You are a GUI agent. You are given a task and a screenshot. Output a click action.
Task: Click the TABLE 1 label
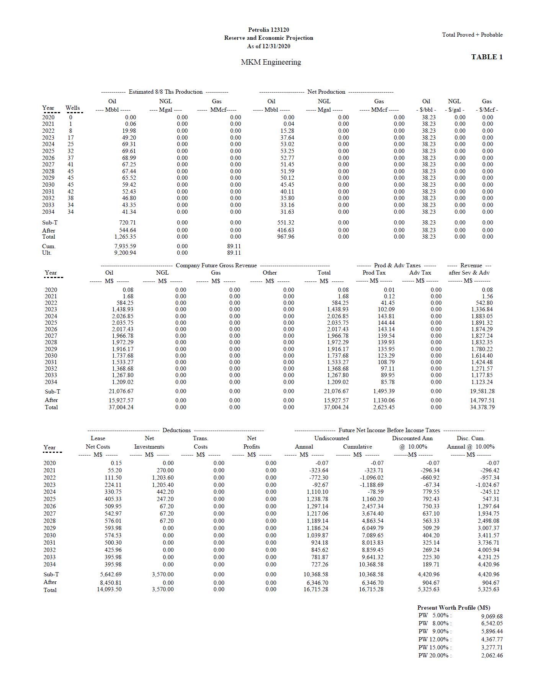(x=487, y=57)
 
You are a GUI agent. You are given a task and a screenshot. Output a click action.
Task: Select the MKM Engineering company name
(x=271, y=62)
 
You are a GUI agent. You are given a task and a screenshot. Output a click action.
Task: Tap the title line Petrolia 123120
(x=268, y=30)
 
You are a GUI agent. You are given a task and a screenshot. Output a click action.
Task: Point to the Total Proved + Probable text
(x=472, y=35)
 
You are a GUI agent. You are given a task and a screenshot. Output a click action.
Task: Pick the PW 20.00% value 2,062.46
(x=492, y=655)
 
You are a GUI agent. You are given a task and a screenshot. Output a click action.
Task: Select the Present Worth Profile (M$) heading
(x=453, y=607)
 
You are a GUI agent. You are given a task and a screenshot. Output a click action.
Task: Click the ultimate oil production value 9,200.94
(x=125, y=253)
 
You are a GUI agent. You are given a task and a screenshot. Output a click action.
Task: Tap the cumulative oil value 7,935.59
(x=125, y=246)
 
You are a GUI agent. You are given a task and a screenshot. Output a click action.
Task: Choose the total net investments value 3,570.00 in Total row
(x=163, y=589)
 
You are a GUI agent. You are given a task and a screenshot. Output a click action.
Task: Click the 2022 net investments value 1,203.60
(x=163, y=477)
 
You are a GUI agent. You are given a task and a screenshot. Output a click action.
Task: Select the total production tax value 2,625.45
(x=384, y=407)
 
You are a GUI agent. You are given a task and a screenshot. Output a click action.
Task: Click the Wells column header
(x=73, y=108)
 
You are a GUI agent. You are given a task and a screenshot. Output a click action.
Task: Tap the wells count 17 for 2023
(x=70, y=138)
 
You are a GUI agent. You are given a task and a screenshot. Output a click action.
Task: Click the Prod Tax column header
(x=374, y=273)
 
